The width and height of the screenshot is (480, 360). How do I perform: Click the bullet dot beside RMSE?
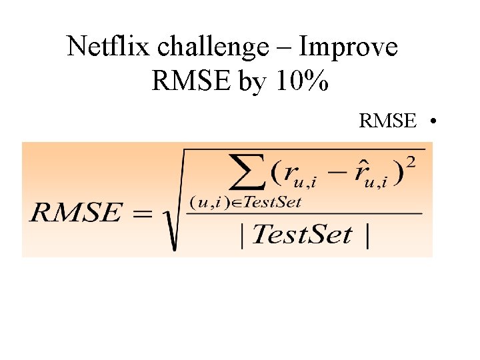click(433, 121)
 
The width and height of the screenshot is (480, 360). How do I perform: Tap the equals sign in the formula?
click(141, 214)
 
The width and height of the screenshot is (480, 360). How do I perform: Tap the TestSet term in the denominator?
click(303, 235)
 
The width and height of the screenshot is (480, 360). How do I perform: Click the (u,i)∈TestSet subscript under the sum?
click(245, 201)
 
